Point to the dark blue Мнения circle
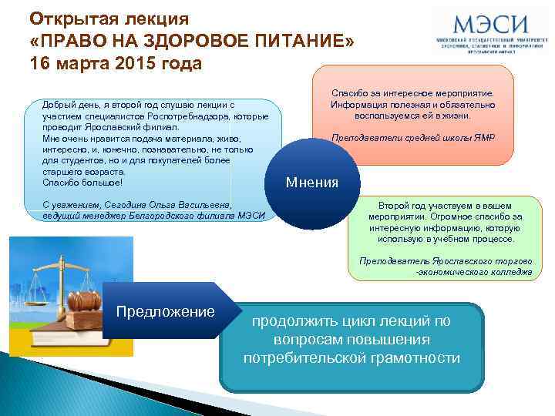click(311, 183)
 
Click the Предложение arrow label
click(165, 311)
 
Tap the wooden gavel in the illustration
click(85, 297)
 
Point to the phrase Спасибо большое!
click(82, 182)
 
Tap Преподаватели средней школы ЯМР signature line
click(413, 139)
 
